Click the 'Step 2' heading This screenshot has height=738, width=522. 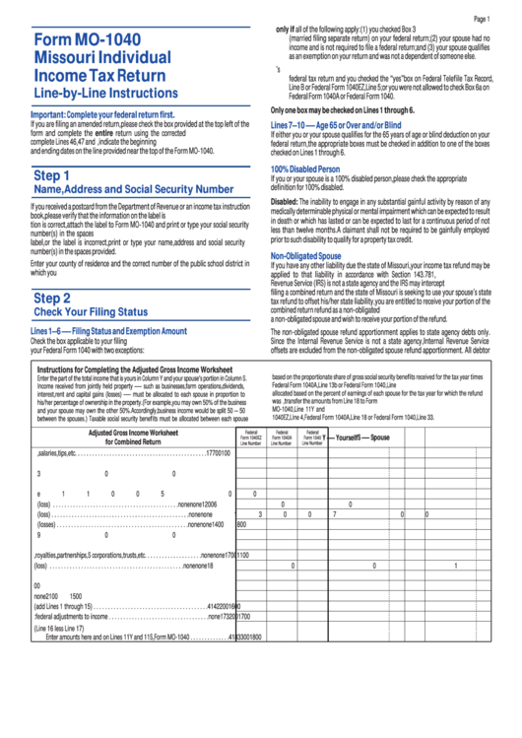(x=51, y=297)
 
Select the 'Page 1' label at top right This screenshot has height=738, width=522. (x=481, y=19)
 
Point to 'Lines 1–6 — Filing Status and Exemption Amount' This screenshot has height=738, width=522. (x=108, y=331)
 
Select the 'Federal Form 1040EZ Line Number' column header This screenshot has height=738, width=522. (x=250, y=436)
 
